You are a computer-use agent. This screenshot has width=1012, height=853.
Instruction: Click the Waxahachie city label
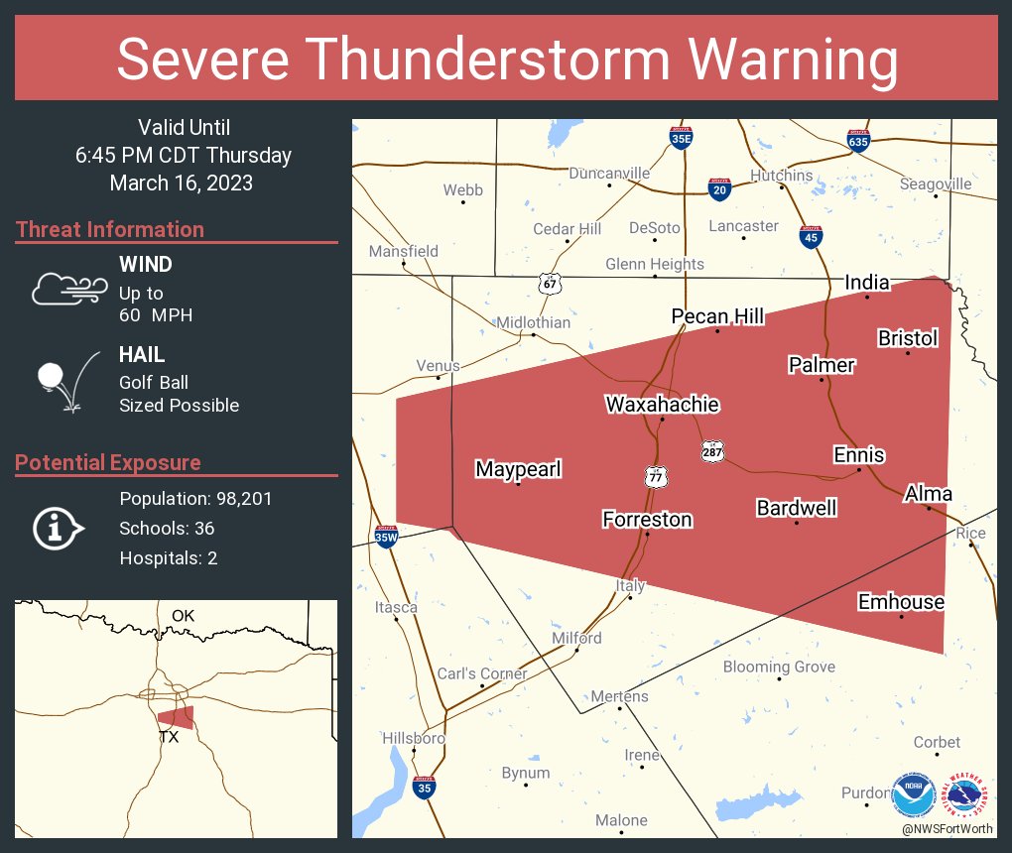coord(662,405)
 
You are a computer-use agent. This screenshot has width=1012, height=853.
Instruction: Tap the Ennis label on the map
coord(858,455)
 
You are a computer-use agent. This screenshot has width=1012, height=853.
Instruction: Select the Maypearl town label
coord(518,469)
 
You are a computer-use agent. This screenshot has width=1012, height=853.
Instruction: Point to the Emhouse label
coord(901,602)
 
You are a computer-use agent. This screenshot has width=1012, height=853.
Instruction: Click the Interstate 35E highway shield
coord(680,139)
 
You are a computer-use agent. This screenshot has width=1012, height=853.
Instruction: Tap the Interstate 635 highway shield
coord(859,140)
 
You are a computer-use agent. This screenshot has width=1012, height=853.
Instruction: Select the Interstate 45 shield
coord(811,236)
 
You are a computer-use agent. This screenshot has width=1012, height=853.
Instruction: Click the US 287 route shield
coord(712,450)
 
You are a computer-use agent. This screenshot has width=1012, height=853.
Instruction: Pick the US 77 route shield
coord(654,476)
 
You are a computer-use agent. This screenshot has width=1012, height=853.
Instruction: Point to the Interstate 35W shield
coord(386,537)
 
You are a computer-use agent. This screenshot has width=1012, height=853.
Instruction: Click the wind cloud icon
coord(68,289)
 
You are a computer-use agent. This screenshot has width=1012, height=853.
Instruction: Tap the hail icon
coord(66,381)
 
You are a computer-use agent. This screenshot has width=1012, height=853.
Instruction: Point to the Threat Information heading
coord(110,230)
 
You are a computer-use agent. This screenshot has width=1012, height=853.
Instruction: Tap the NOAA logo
coord(913,795)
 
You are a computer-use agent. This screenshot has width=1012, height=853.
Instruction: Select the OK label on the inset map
coord(184,616)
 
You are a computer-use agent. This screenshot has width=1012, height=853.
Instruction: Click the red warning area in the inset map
coord(176,716)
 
